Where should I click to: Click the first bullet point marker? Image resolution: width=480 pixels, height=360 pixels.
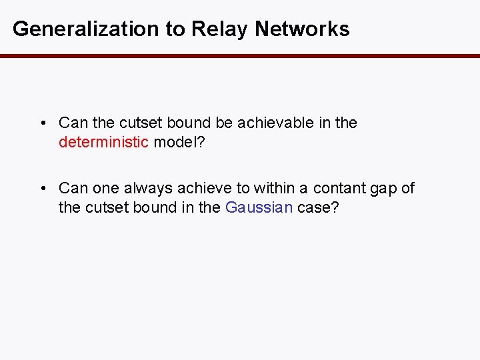(43, 123)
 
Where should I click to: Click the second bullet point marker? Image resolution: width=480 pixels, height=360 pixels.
(43, 189)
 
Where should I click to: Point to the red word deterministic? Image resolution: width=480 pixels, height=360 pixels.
(104, 142)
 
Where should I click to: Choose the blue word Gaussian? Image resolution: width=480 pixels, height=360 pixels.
(259, 207)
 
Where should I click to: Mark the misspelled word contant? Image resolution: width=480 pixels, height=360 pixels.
(339, 189)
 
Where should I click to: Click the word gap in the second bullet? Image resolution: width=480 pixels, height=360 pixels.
(383, 189)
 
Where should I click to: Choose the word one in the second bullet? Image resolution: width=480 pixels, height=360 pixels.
(103, 189)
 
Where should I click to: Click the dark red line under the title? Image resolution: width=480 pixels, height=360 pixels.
(240, 56)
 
